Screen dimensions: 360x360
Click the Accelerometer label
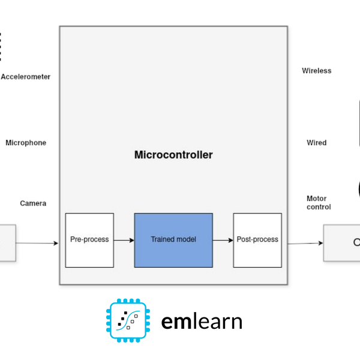(26, 77)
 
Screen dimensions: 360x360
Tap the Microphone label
(26, 143)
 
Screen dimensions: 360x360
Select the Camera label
(33, 203)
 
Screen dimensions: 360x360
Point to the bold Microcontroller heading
(173, 155)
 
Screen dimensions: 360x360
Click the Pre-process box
(89, 239)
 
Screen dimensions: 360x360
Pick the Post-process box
(257, 239)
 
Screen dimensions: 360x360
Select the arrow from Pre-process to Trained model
(124, 240)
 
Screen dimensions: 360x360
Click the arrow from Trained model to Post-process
(223, 240)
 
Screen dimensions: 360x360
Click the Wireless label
(316, 71)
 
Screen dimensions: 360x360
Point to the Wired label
(316, 143)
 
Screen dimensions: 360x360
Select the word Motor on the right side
(316, 199)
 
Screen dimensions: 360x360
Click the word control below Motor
(319, 207)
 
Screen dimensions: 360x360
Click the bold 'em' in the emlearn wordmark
(175, 322)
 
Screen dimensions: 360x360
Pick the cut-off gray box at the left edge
(7, 243)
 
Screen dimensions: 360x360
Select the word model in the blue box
(186, 239)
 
